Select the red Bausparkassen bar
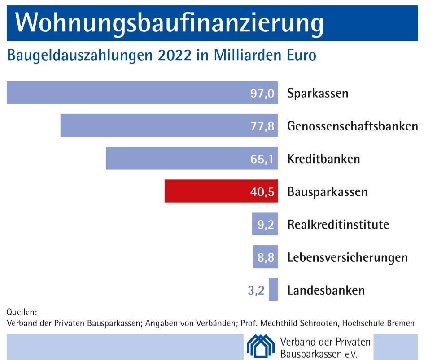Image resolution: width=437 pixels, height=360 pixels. tap(221, 191)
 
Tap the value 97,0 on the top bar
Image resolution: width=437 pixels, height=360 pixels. tap(262, 94)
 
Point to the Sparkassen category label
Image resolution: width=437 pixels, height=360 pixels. tap(318, 94)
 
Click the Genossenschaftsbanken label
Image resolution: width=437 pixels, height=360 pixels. tap(352, 126)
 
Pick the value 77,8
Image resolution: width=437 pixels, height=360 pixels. tap(262, 126)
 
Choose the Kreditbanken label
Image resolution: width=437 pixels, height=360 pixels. tap(323, 159)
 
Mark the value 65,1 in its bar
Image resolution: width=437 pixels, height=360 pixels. tap(262, 159)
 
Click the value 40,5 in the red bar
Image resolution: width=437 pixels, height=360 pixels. tap(262, 192)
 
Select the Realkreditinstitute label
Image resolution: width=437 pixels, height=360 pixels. tap(338, 224)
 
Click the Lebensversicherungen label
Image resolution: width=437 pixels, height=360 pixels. tap(347, 257)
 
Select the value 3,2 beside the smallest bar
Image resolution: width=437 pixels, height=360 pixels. tap(256, 290)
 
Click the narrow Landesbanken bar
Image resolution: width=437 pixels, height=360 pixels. tap(273, 290)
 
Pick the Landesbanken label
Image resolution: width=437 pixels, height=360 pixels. tap(326, 290)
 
